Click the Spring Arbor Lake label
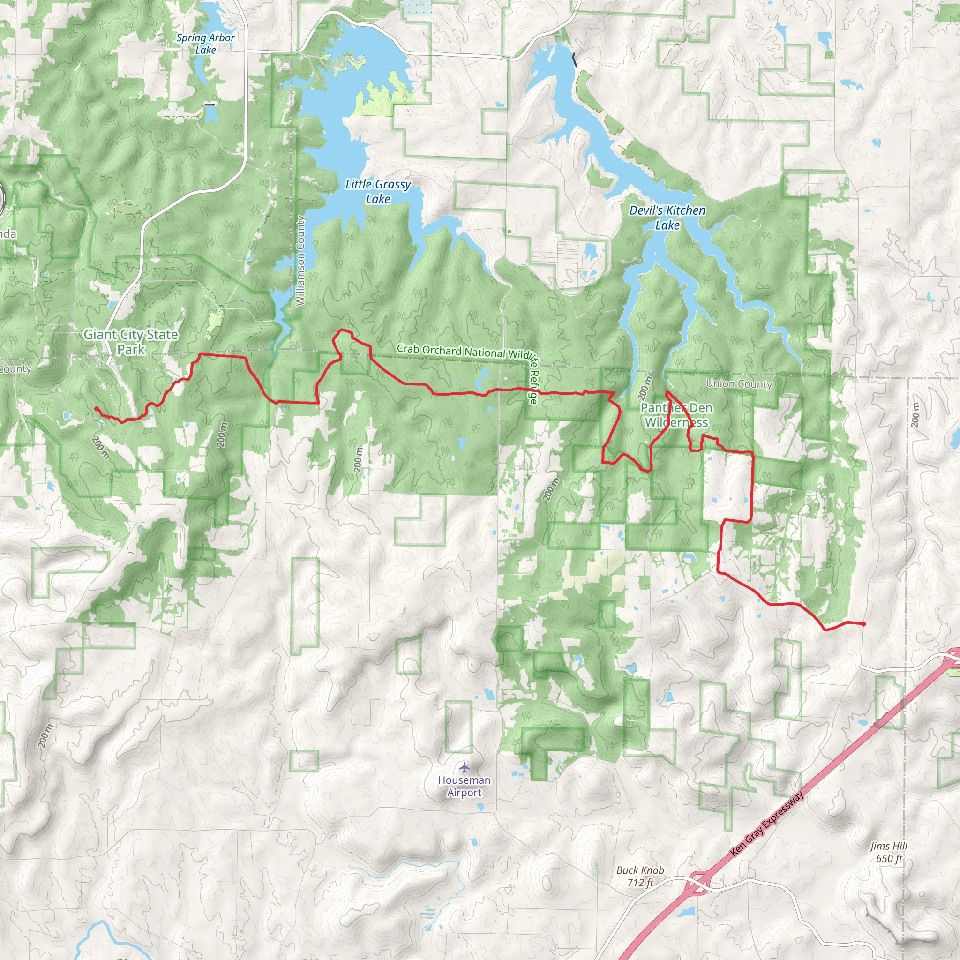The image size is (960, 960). coord(205,44)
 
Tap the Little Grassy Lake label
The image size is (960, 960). coord(378,191)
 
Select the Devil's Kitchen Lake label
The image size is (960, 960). coord(667,217)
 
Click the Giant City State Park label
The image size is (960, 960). coord(131,342)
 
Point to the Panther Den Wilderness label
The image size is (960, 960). coord(676,415)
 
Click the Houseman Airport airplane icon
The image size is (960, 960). coord(464,768)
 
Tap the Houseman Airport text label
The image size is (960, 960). coord(464,787)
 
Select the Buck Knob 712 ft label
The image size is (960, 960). coord(640,877)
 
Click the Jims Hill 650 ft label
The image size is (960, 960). coord(889,852)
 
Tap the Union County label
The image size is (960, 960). coord(739,383)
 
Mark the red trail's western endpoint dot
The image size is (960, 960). coord(96,409)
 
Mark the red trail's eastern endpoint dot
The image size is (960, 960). coord(863,624)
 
